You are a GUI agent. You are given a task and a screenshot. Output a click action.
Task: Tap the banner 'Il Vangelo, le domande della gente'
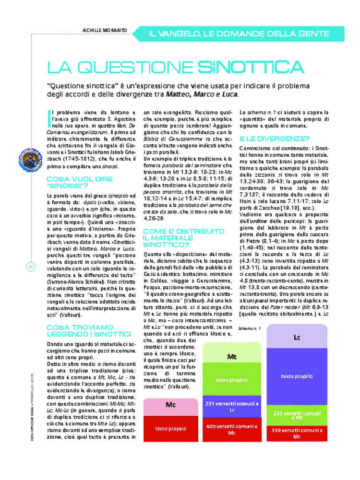tap(239, 34)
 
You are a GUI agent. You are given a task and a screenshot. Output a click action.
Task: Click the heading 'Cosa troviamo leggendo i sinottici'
tap(88, 330)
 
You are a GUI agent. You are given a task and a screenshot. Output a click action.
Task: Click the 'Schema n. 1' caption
tap(249, 329)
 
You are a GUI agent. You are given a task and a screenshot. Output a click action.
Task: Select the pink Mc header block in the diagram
tap(171, 405)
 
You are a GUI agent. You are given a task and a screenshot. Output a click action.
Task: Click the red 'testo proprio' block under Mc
tap(171, 428)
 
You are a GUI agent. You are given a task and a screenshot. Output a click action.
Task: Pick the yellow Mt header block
tap(232, 357)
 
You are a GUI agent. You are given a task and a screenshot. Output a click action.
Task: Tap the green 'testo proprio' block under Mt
tap(232, 380)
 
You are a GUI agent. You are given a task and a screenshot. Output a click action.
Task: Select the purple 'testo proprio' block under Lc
tap(297, 376)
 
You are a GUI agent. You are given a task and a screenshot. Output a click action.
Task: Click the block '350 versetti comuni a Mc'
tap(297, 433)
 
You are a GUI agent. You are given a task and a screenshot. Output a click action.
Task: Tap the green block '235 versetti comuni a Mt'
tap(297, 415)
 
